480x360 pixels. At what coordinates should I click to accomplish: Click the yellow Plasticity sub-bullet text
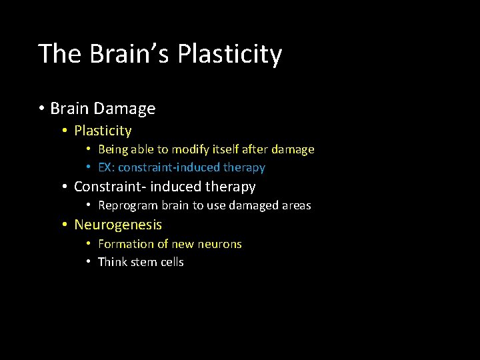(103, 131)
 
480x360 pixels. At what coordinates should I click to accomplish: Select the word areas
(296, 205)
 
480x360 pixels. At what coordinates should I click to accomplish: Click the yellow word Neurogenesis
(118, 225)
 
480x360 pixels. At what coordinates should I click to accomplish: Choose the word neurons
(219, 244)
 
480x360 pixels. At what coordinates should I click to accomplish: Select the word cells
(171, 262)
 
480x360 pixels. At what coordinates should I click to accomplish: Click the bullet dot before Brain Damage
(41, 109)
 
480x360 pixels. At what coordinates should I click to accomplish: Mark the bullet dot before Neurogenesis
(65, 225)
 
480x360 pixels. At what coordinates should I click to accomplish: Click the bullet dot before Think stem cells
(89, 262)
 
